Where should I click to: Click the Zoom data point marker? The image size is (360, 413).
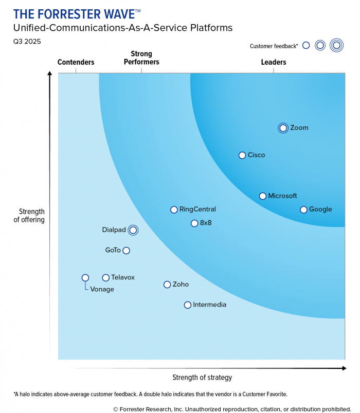tap(283, 128)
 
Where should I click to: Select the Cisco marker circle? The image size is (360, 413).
tap(242, 155)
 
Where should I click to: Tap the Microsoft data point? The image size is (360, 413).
tap(263, 196)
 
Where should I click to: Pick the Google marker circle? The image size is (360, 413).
tap(303, 210)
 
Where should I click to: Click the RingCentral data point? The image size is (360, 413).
tap(174, 210)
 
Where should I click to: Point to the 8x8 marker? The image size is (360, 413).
tap(194, 223)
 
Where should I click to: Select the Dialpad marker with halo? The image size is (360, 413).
tap(133, 230)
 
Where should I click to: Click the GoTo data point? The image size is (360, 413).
tap(127, 251)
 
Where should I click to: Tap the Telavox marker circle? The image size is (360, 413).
tap(106, 278)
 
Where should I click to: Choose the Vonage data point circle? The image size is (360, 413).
tap(85, 278)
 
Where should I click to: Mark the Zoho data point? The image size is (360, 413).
tap(167, 285)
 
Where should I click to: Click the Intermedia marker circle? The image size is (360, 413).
tap(188, 305)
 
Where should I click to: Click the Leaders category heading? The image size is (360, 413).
tap(273, 62)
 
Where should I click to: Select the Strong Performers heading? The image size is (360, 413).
tap(141, 58)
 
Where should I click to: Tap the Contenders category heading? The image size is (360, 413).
tap(76, 62)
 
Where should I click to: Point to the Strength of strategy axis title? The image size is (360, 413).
tap(202, 378)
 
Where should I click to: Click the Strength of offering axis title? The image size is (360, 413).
tap(32, 216)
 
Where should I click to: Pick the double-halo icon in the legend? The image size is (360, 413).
tap(336, 46)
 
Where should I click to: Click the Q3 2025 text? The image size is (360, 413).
tap(27, 41)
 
